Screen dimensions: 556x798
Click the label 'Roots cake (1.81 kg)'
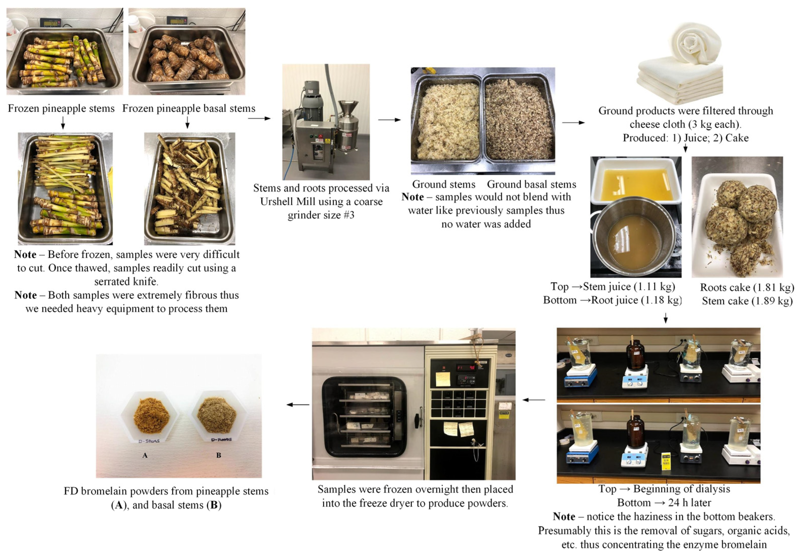[747, 288]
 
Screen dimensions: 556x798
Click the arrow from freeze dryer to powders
[298, 404]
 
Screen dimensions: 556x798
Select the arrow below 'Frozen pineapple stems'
[63, 122]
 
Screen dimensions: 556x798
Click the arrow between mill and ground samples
[389, 120]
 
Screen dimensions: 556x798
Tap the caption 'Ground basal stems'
[531, 184]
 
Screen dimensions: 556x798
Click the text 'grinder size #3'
[321, 215]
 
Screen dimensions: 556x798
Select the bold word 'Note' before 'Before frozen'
[25, 255]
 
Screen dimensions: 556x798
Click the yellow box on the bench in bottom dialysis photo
[666, 462]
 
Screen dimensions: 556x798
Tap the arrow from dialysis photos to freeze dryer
[534, 400]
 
